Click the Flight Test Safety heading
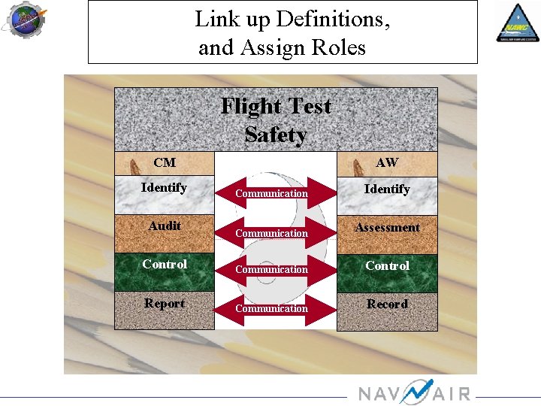point(276,120)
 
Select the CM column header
point(165,162)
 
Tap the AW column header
point(387,162)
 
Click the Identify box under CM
point(164,188)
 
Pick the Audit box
point(164,226)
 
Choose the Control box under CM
point(164,265)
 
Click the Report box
point(164,304)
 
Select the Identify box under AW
point(387,189)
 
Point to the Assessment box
point(387,228)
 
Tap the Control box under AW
point(387,266)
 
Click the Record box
point(387,304)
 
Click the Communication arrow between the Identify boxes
point(272,193)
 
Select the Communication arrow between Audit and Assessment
point(272,233)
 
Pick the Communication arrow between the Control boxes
point(272,269)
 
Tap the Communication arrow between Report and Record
point(272,308)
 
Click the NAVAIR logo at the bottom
point(413,392)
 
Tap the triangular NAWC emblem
point(516,23)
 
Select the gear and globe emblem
point(25,20)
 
